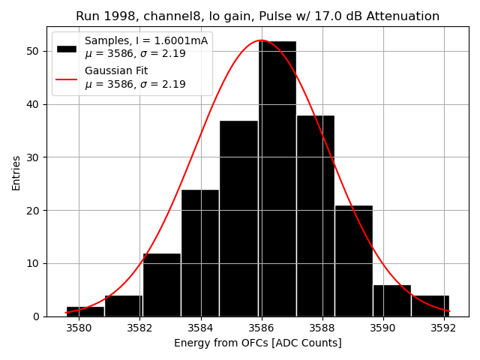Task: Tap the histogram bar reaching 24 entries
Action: (200, 253)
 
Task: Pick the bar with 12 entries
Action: (162, 285)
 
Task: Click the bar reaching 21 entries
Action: (354, 261)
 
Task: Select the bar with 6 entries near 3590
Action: (392, 301)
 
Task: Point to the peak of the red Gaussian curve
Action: (261, 40)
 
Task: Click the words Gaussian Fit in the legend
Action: (116, 71)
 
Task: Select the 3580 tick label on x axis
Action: (79, 328)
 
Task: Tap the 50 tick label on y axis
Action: (34, 51)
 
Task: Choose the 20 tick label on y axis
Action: (34, 211)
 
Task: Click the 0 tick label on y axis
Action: (37, 316)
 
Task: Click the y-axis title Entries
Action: (16, 172)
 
